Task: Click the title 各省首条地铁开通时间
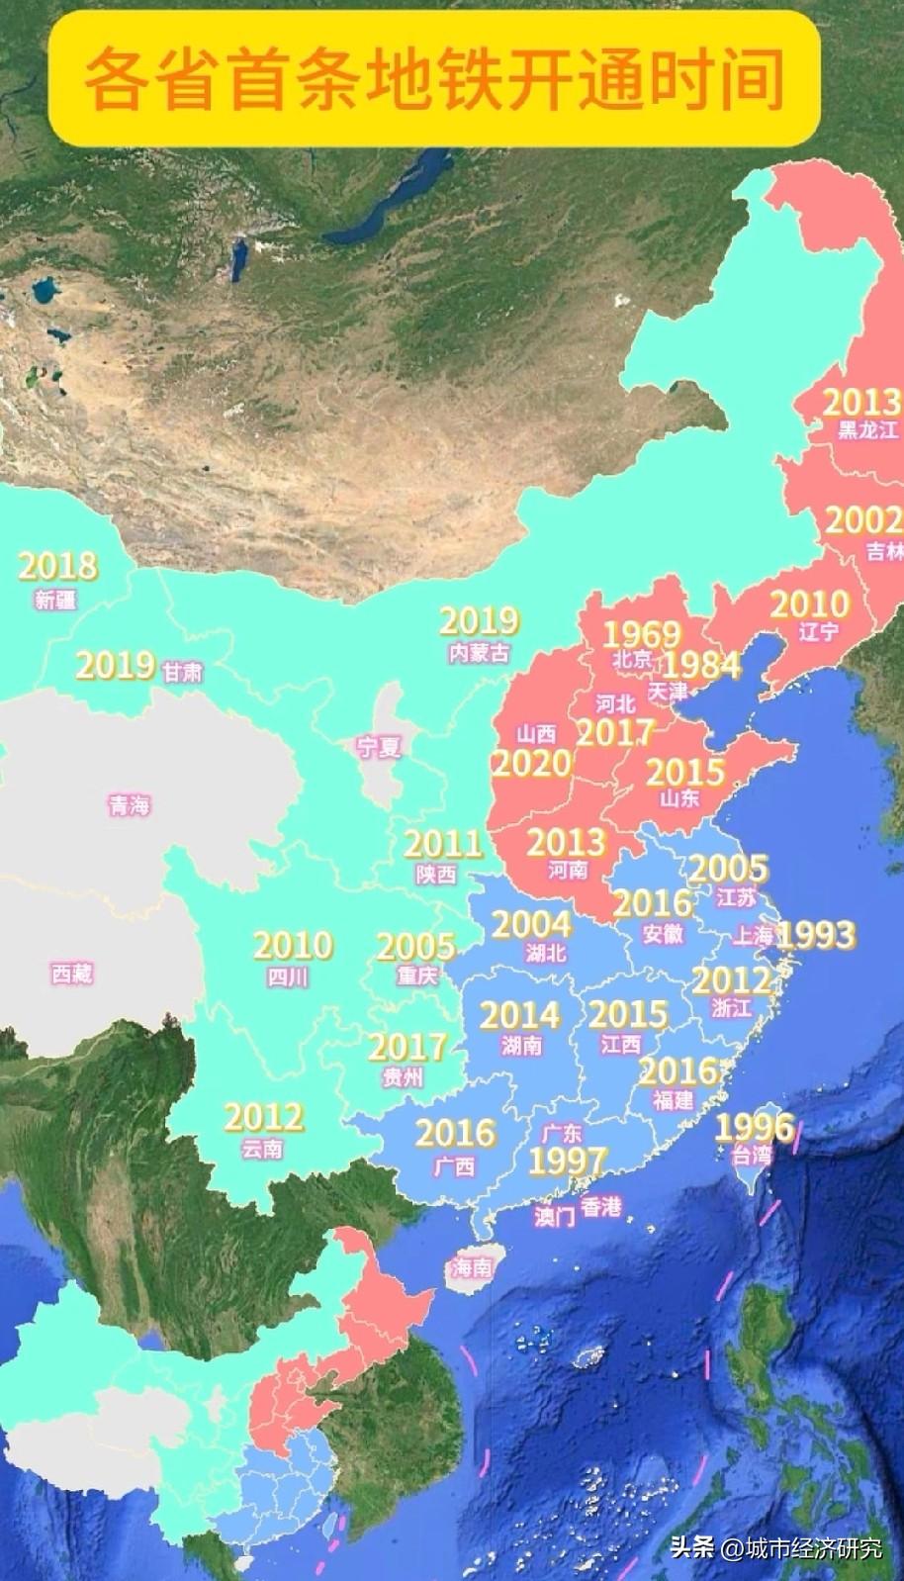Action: pyautogui.click(x=434, y=80)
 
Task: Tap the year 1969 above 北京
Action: pyautogui.click(x=642, y=634)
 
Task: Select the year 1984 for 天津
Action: pyautogui.click(x=701, y=665)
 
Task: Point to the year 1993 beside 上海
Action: pyautogui.click(x=816, y=934)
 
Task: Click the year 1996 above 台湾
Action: pyautogui.click(x=755, y=1126)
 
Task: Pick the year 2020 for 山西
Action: pyautogui.click(x=531, y=763)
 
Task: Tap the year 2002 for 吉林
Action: pyautogui.click(x=863, y=520)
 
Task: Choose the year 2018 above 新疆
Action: pyautogui.click(x=57, y=566)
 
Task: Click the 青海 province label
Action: pyautogui.click(x=130, y=805)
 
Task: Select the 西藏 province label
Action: pyautogui.click(x=72, y=974)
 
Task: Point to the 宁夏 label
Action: pyautogui.click(x=379, y=747)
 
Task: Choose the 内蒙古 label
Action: pyautogui.click(x=479, y=654)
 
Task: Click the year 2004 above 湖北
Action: pyautogui.click(x=532, y=924)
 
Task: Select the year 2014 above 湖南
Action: pyautogui.click(x=520, y=1014)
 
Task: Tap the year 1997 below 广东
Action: pyautogui.click(x=567, y=1162)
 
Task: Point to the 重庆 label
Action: pyautogui.click(x=416, y=975)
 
